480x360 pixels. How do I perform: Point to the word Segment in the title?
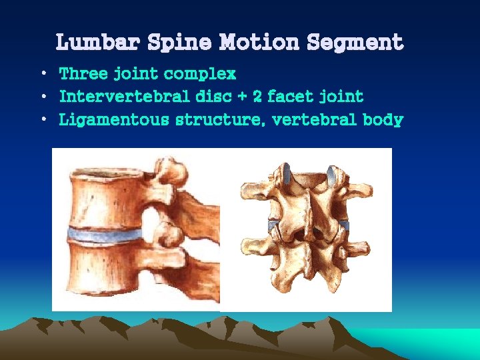pyautogui.click(x=355, y=43)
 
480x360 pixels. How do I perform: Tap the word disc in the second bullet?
pyautogui.click(x=213, y=97)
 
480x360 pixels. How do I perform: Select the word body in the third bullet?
pyautogui.click(x=383, y=121)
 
